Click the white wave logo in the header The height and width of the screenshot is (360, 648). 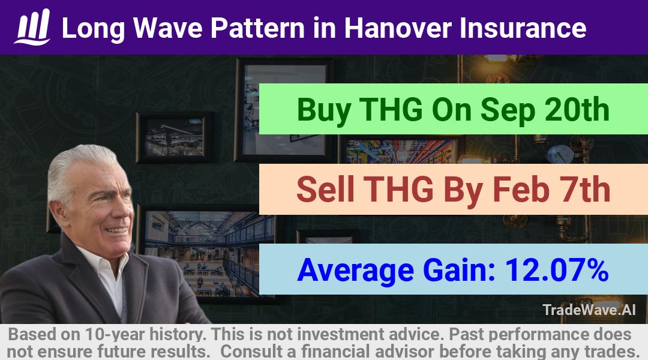tap(32, 27)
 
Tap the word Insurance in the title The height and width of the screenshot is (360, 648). tap(523, 28)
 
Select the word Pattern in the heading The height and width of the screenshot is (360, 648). tap(257, 28)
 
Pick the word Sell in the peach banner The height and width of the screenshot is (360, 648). tap(325, 189)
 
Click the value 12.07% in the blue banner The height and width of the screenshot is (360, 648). tap(557, 269)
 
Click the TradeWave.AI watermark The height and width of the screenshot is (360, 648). tap(589, 310)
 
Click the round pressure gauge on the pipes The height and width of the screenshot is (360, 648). tap(560, 154)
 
